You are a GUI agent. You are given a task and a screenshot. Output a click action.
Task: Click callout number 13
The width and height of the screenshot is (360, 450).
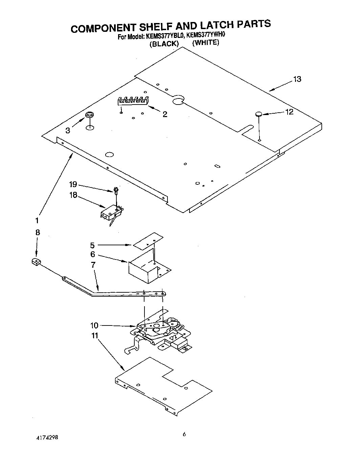coord(297,79)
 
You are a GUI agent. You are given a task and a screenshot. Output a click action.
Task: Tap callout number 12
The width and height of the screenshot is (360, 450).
coord(289,112)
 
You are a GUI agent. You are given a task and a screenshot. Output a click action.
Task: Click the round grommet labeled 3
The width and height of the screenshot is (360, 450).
coord(90,115)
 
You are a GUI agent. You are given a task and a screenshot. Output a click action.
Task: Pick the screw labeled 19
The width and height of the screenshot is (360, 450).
coord(116,190)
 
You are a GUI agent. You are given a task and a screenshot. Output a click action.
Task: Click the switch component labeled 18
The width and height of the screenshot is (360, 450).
coord(111,213)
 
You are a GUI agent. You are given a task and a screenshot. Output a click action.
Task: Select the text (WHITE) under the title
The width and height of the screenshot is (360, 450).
coord(206,43)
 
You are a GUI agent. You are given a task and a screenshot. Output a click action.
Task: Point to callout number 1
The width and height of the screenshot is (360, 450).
coord(37,220)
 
